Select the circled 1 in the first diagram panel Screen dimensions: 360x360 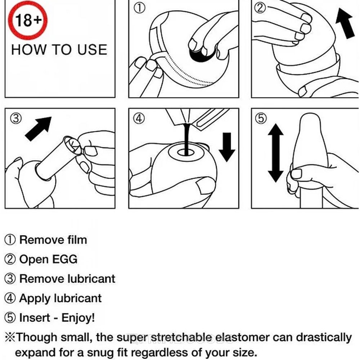click(139, 8)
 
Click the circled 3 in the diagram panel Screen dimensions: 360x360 click(16, 119)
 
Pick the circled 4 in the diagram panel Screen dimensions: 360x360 click(139, 119)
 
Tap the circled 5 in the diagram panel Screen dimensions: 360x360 click(261, 119)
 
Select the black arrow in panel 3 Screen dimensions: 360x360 click(38, 129)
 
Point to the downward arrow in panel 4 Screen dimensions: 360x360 click(227, 147)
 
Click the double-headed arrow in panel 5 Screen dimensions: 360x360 click(275, 153)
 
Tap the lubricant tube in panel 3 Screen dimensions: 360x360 click(59, 158)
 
